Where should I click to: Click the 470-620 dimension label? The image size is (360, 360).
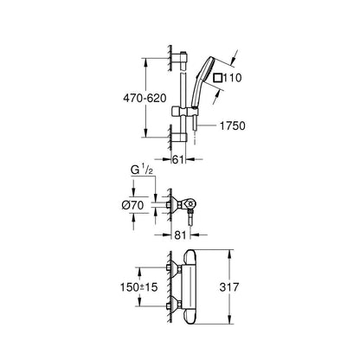[145, 98]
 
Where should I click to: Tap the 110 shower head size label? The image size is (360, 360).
[232, 78]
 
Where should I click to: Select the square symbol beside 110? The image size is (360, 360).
[218, 78]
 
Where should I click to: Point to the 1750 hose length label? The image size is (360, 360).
[233, 125]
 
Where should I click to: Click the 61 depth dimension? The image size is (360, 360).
[177, 159]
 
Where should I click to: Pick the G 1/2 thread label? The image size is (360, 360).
[141, 170]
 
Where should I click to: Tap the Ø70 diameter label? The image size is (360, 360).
[132, 205]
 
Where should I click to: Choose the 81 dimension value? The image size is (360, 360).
[180, 235]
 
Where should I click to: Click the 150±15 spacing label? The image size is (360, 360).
[139, 287]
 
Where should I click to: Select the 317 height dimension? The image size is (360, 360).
[229, 287]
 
